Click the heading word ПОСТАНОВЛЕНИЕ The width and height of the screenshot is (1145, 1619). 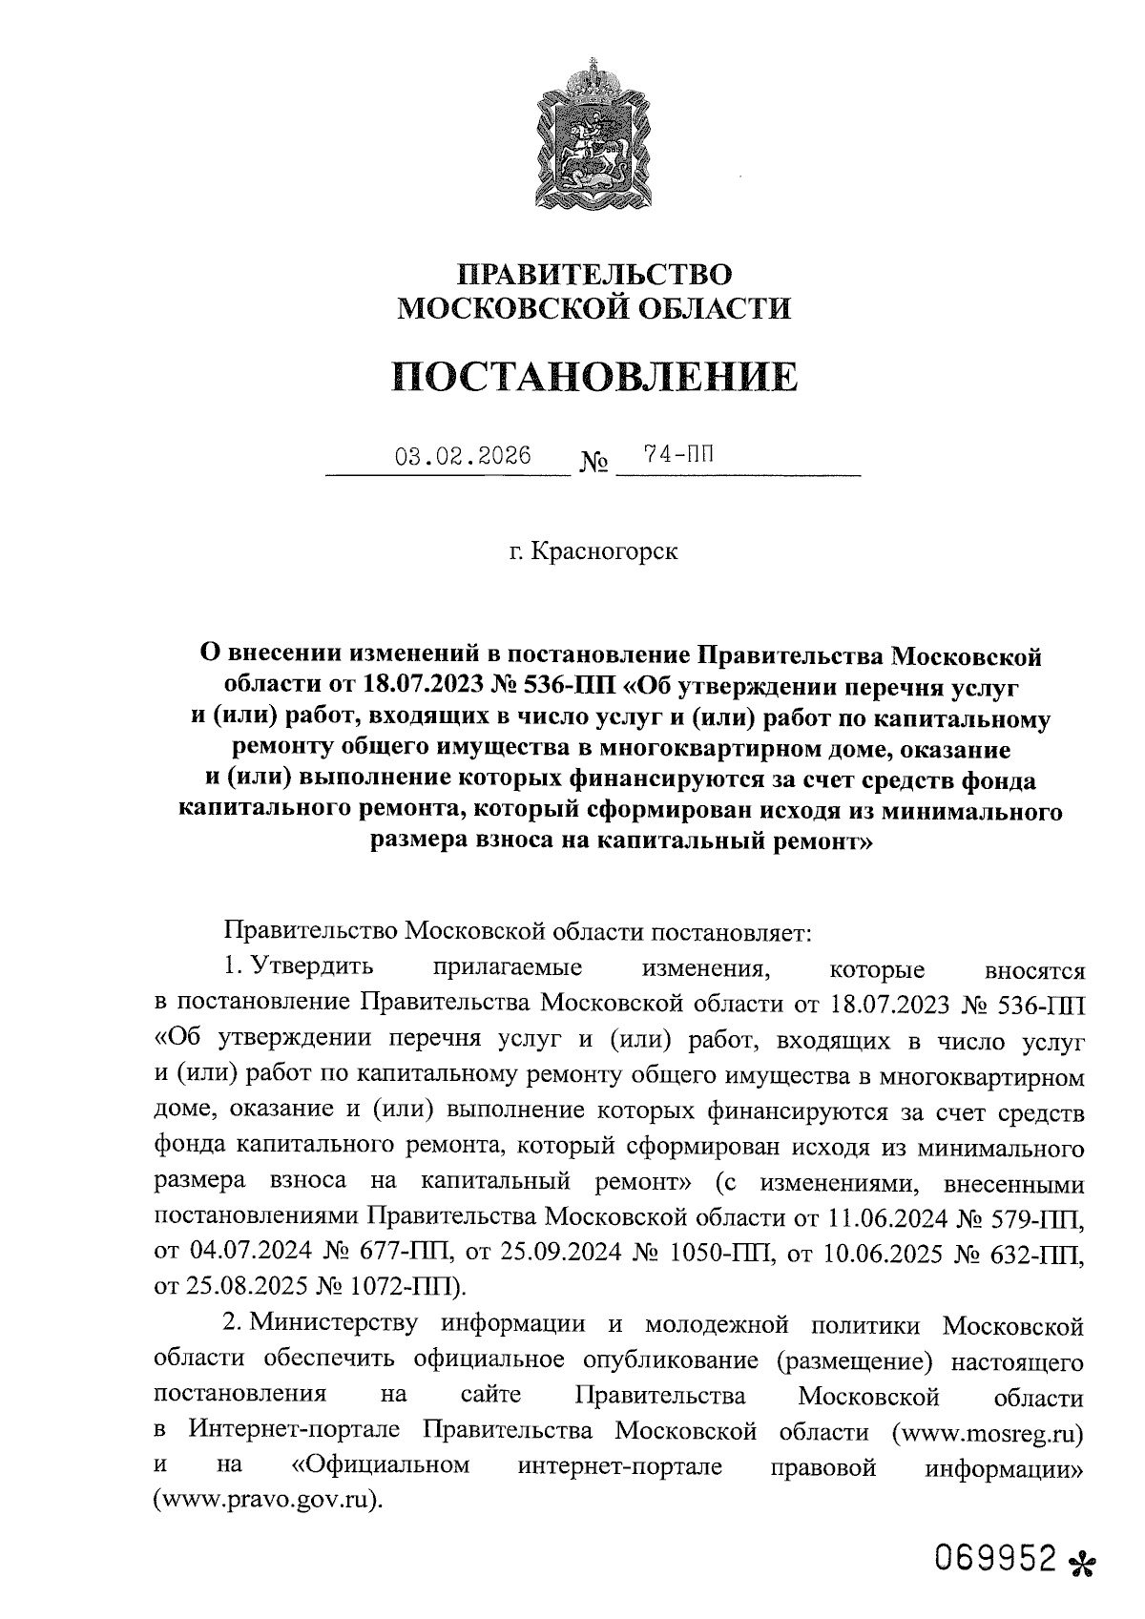click(593, 377)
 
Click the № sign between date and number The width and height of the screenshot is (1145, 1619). click(593, 465)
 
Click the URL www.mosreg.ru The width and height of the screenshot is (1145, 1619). click(987, 1432)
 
